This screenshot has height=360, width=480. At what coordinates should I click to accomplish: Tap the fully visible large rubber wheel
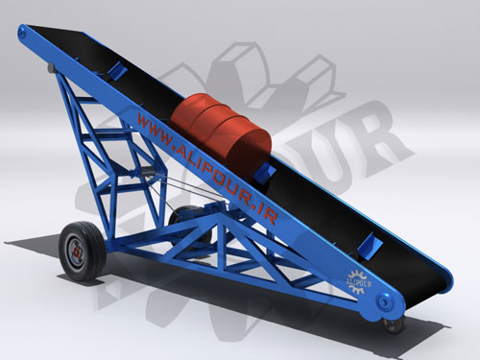83,251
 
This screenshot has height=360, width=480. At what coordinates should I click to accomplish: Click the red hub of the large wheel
77,252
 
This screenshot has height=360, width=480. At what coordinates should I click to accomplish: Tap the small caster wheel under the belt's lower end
396,324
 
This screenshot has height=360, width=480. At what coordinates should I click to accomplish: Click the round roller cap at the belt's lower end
383,301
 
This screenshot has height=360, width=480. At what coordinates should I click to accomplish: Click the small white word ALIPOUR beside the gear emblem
358,283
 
